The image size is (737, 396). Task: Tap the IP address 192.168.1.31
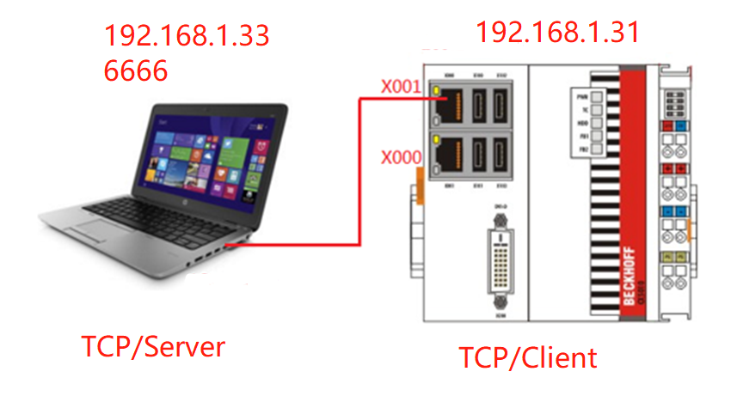pyautogui.click(x=557, y=33)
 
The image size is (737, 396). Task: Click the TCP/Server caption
pyautogui.click(x=153, y=347)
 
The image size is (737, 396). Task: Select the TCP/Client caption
pyautogui.click(x=526, y=356)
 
